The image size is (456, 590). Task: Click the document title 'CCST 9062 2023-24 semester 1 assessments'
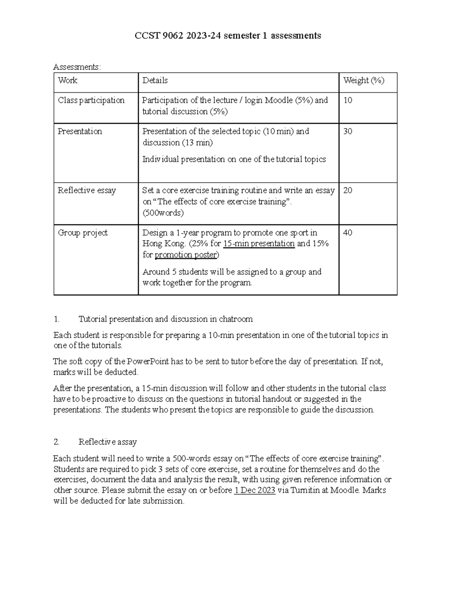click(228, 36)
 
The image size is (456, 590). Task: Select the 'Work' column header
click(68, 80)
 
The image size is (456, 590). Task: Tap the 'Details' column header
click(155, 80)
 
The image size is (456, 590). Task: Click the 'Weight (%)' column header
click(364, 80)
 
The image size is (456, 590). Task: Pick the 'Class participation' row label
click(91, 100)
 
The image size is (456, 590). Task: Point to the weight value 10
click(348, 100)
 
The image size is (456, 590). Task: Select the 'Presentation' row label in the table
click(80, 131)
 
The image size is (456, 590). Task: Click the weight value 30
click(348, 131)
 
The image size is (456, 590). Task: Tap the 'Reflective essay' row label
click(87, 190)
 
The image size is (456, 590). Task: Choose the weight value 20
click(348, 190)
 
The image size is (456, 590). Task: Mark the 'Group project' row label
click(82, 233)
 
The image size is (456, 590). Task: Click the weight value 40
click(348, 233)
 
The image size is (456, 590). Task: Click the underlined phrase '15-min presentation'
click(259, 244)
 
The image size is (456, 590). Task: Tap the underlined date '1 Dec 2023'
click(255, 490)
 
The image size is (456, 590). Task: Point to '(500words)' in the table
click(163, 213)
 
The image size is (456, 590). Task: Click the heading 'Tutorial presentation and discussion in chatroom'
click(165, 319)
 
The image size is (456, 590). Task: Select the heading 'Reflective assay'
click(108, 442)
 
